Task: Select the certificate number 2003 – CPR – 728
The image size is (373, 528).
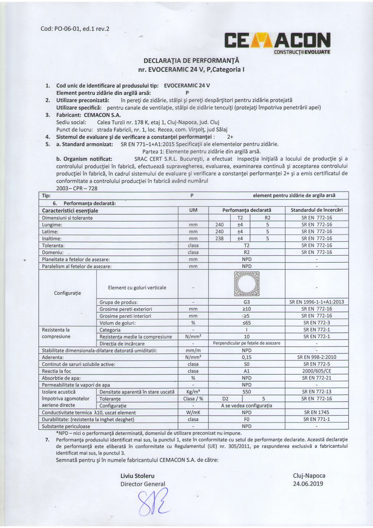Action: coord(78,187)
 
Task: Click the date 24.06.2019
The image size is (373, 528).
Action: coord(309,484)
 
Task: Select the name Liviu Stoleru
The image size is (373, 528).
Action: coord(137,476)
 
